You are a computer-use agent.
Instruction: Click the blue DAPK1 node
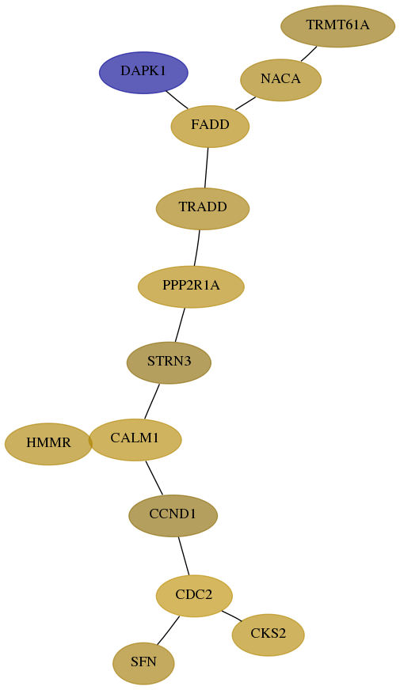tap(143, 73)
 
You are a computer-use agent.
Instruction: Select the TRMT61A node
tap(338, 26)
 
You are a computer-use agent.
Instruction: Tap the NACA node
tap(280, 80)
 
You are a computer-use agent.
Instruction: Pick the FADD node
tap(210, 127)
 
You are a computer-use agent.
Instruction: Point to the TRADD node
tap(203, 209)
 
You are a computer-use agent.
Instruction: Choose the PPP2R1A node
tap(191, 287)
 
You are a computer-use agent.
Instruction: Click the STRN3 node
tap(170, 362)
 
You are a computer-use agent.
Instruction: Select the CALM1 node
tap(135, 440)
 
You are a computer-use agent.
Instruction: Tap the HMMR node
tap(48, 444)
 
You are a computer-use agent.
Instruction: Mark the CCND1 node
tap(173, 516)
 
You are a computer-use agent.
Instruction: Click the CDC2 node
tap(194, 596)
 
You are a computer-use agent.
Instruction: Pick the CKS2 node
tap(268, 635)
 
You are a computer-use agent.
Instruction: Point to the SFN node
tap(143, 664)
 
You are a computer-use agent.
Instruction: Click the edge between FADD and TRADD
tap(206, 168)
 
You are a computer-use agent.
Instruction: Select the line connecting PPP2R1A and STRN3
tap(180, 324)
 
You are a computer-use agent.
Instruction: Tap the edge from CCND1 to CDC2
tap(184, 555)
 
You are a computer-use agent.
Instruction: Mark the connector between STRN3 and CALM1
tap(151, 401)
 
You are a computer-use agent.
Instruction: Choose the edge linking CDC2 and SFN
tap(168, 631)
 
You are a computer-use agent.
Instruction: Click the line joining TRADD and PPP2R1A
tap(197, 248)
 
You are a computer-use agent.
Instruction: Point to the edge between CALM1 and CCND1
tap(154, 478)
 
